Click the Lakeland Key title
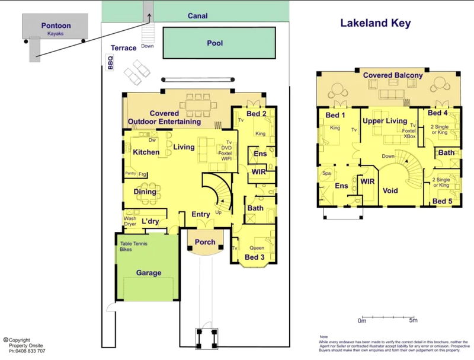[375, 24]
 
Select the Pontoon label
[56, 26]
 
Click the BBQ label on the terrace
[110, 63]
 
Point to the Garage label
[149, 273]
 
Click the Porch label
[206, 242]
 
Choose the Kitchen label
[146, 152]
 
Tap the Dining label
[145, 192]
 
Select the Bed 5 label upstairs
[443, 202]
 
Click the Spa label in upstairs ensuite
[326, 173]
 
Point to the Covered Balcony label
[393, 75]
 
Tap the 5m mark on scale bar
[414, 320]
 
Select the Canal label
[197, 16]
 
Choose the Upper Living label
[385, 121]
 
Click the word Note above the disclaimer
[324, 336]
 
